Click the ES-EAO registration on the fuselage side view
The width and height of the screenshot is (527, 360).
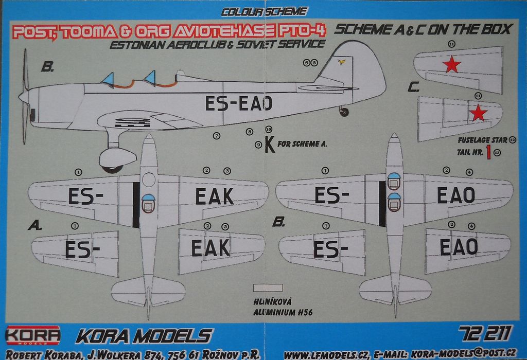click(238, 103)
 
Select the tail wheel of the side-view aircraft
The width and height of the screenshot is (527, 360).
click(344, 112)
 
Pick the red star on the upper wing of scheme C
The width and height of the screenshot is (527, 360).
click(451, 64)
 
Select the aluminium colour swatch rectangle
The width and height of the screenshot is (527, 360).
click(268, 289)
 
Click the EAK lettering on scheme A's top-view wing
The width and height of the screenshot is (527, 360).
click(214, 196)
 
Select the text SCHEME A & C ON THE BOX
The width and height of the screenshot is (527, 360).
click(422, 29)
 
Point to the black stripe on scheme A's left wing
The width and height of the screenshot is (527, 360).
click(135, 205)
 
